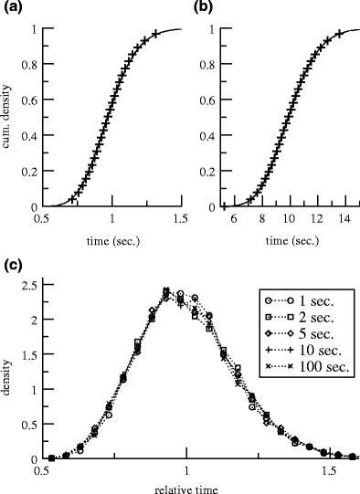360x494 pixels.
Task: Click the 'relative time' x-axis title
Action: pyautogui.click(x=186, y=488)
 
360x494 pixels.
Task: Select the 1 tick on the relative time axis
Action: pyautogui.click(x=186, y=472)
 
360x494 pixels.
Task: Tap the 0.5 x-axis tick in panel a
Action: pyautogui.click(x=42, y=220)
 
